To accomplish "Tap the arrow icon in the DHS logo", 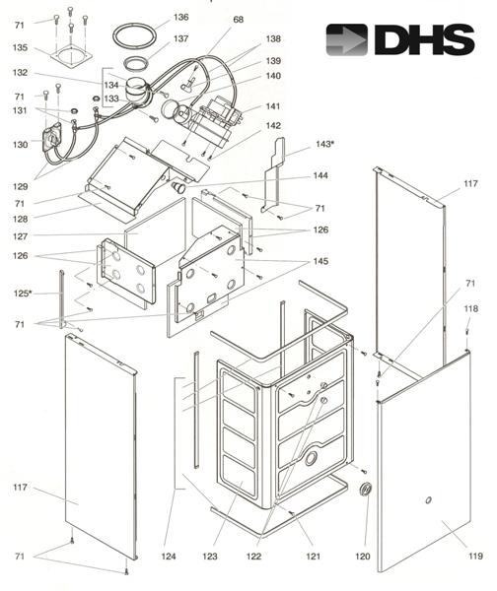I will click(x=347, y=40).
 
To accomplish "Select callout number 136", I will click(x=180, y=17).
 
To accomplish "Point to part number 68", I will click(x=239, y=20).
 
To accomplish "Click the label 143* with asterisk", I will click(x=324, y=144).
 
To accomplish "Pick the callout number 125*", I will click(x=23, y=294).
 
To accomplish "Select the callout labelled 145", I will click(x=321, y=261).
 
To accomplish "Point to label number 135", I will click(x=20, y=47).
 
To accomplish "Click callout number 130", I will click(x=20, y=145).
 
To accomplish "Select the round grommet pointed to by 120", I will click(x=367, y=490).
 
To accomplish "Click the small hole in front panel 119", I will click(x=428, y=502).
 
